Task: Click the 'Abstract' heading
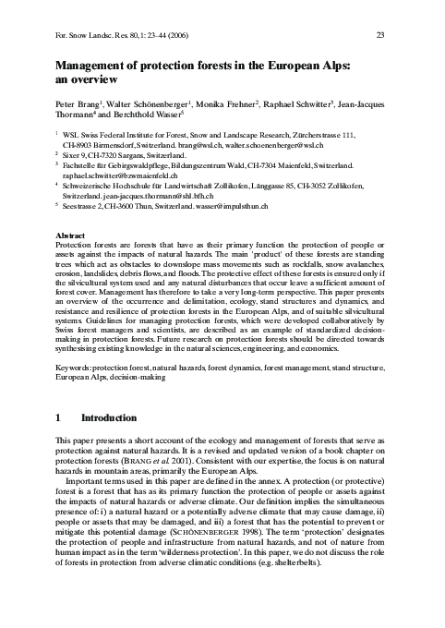point(72,235)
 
